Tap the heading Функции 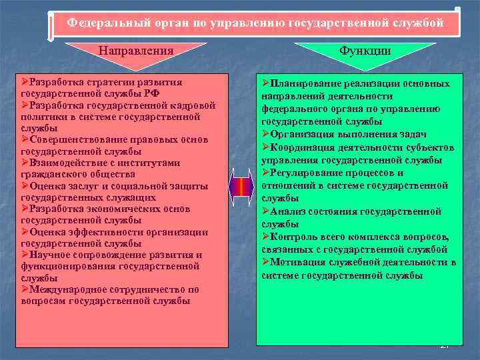point(365,50)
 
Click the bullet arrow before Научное point(25,255)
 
